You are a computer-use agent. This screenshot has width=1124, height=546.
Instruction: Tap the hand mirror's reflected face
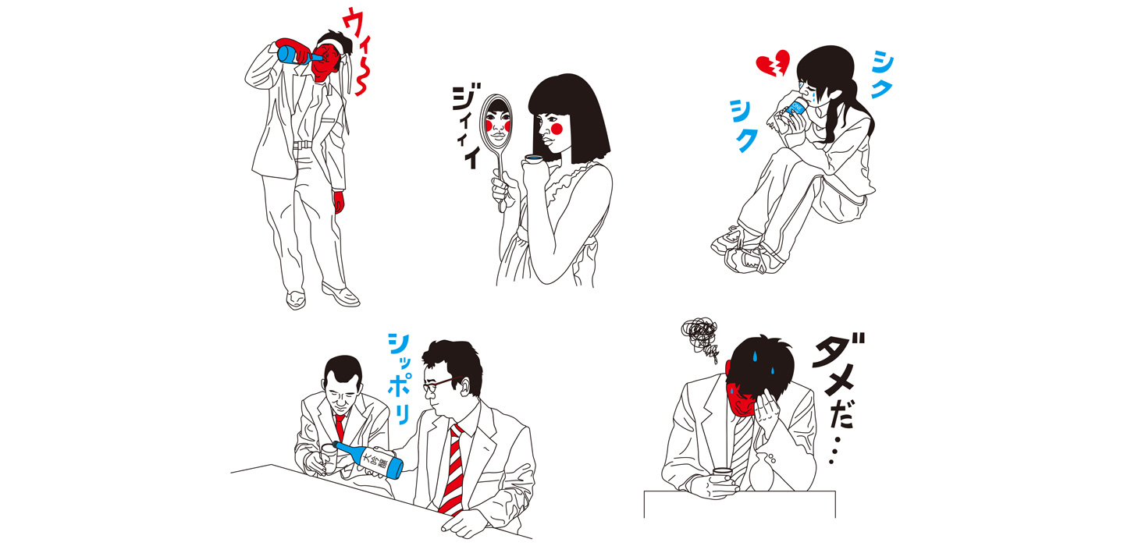(x=497, y=124)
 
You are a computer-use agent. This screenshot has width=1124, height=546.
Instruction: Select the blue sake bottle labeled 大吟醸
(x=368, y=459)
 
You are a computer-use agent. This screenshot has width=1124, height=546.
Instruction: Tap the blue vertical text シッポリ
(x=400, y=378)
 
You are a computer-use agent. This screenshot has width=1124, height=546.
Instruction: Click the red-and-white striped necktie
(x=452, y=470)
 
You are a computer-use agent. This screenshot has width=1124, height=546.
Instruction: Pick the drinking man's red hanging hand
(x=339, y=200)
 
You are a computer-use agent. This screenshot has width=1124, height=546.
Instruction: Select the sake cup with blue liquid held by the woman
(x=533, y=159)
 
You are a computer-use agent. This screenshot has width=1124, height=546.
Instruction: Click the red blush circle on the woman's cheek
(x=557, y=129)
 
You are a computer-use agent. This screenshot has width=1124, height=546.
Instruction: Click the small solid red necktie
(x=340, y=427)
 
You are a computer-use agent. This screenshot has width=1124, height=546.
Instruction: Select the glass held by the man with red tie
(x=328, y=458)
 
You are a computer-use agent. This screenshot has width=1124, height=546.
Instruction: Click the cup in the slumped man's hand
(x=724, y=474)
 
